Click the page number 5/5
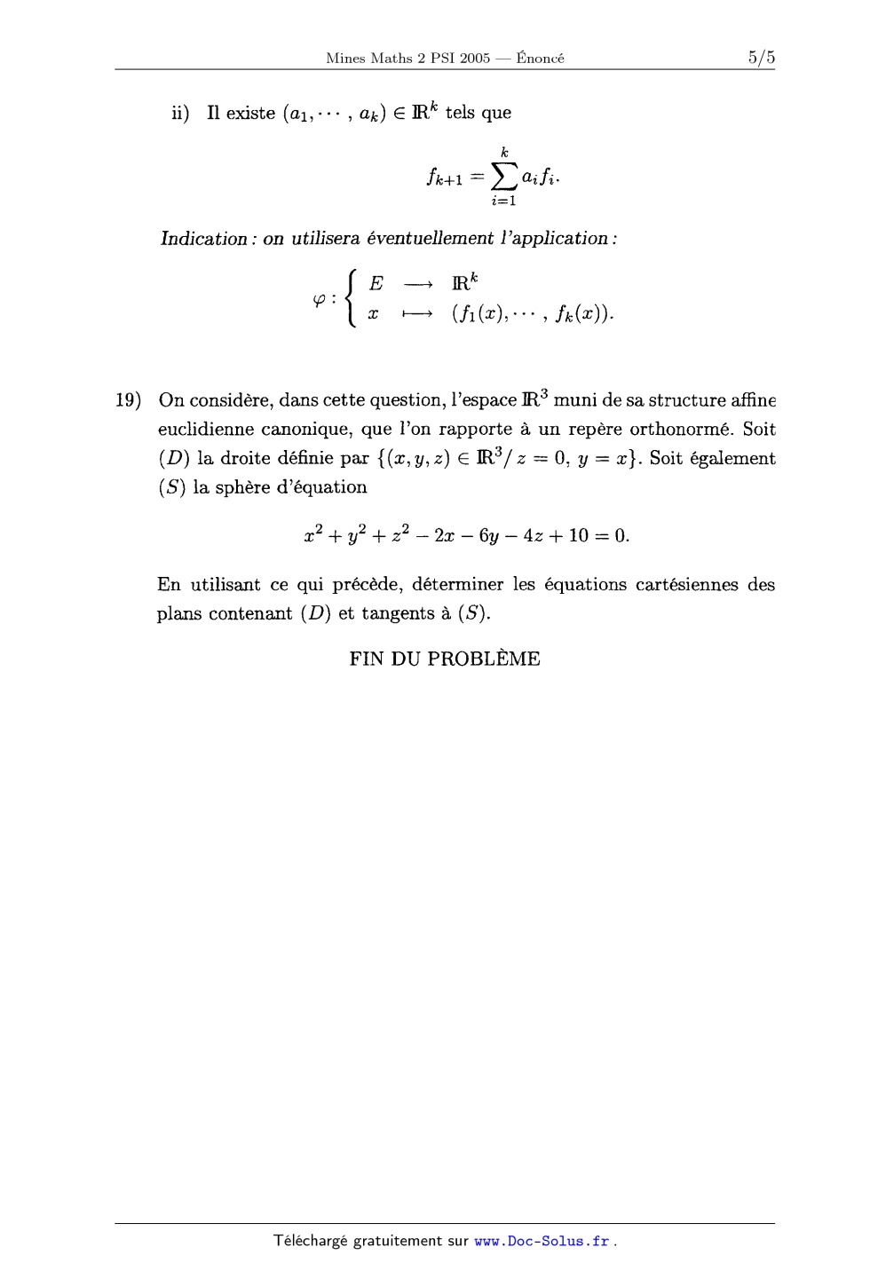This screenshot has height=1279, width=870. tap(761, 59)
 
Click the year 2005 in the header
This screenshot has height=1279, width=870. tap(475, 59)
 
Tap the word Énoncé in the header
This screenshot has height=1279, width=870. tap(541, 59)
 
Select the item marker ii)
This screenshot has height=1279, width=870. tap(180, 114)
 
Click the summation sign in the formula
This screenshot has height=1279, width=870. tap(504, 178)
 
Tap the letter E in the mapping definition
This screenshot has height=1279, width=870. tap(376, 284)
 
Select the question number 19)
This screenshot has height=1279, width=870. tap(129, 400)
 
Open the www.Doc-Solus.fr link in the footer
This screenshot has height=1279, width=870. tap(542, 1241)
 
